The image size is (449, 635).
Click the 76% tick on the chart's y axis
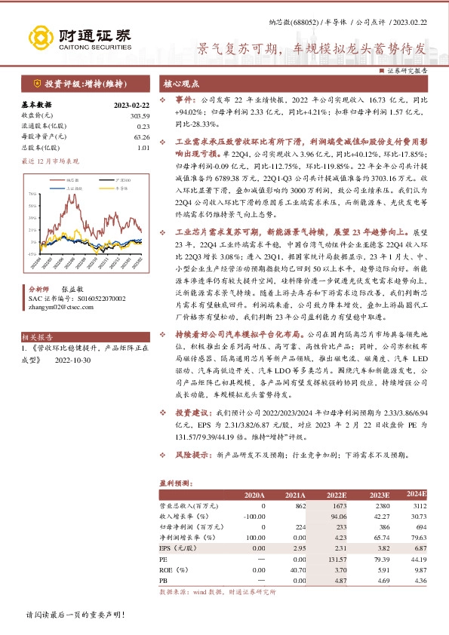click(x=32, y=194)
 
